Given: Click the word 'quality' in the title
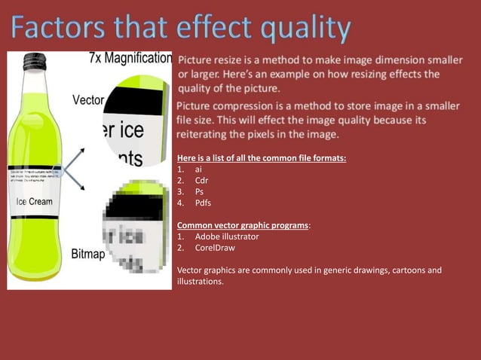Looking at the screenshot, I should pyautogui.click(x=306, y=30).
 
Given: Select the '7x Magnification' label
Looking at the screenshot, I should pyautogui.click(x=130, y=58).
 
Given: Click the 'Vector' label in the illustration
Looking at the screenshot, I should pyautogui.click(x=88, y=100).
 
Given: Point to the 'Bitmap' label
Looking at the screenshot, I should pyautogui.click(x=88, y=254).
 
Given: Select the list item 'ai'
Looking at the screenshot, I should pyautogui.click(x=198, y=170).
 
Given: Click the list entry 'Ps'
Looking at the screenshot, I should pyautogui.click(x=199, y=192).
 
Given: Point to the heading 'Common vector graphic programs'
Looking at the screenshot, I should pyautogui.click(x=243, y=225).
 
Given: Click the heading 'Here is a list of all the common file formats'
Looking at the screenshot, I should pyautogui.click(x=262, y=159).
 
